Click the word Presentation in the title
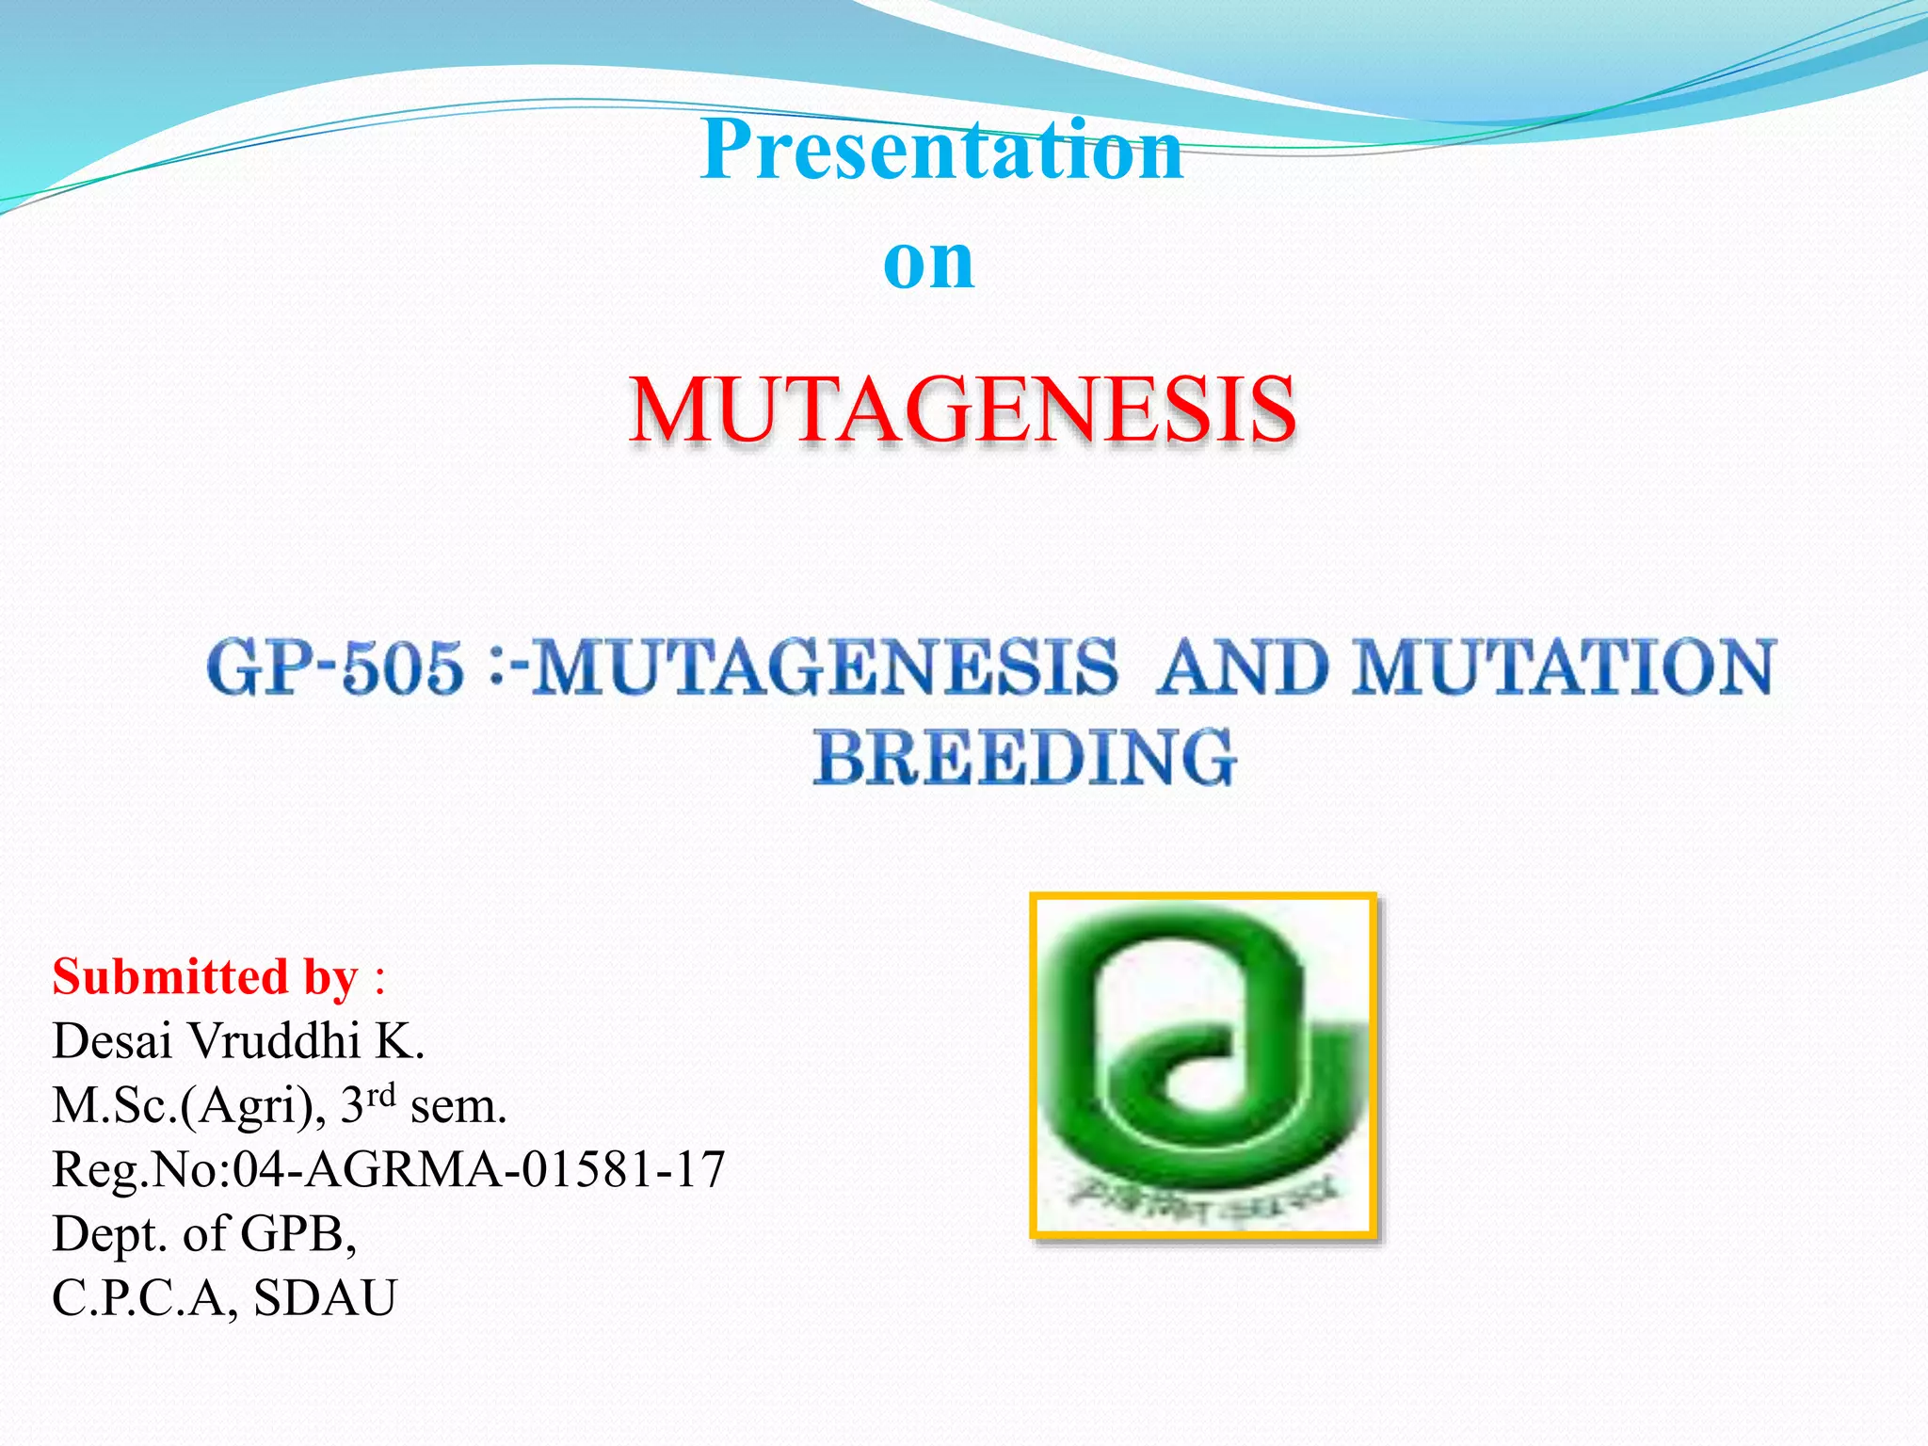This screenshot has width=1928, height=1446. pyautogui.click(x=941, y=151)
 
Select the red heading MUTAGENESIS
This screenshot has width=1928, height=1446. pyautogui.click(x=962, y=410)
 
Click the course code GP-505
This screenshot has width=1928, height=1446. pyautogui.click(x=335, y=667)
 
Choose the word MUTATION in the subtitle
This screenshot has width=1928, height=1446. pyautogui.click(x=1563, y=667)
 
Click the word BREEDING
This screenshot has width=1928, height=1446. pyautogui.click(x=1024, y=758)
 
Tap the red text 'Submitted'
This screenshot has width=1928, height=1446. pyautogui.click(x=169, y=977)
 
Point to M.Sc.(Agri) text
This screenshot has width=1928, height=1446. pyautogui.click(x=184, y=1106)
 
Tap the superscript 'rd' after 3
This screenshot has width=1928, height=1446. pyautogui.click(x=380, y=1095)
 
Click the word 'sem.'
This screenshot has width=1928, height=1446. pyautogui.click(x=458, y=1107)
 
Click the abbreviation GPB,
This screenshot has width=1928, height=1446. pyautogui.click(x=298, y=1234)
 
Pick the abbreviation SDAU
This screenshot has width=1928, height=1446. pyautogui.click(x=325, y=1298)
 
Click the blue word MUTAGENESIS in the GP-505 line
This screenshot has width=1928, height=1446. pyautogui.click(x=825, y=667)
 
